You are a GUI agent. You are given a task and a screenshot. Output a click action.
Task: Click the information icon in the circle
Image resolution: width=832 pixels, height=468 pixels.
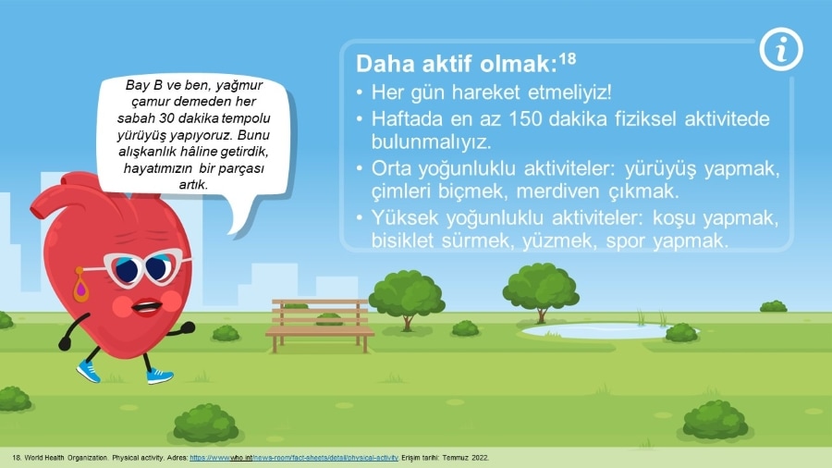pyautogui.click(x=781, y=49)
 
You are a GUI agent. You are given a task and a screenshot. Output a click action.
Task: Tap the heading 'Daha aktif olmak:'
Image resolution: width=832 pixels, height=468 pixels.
pyautogui.click(x=457, y=64)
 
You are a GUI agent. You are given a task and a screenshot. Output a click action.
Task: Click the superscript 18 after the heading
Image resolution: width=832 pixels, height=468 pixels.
pyautogui.click(x=568, y=58)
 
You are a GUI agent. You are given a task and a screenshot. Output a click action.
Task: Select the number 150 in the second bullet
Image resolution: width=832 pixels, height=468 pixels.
pyautogui.click(x=525, y=119)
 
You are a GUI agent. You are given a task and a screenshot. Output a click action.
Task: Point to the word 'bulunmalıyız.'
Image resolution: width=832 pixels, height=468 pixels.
pyautogui.click(x=431, y=142)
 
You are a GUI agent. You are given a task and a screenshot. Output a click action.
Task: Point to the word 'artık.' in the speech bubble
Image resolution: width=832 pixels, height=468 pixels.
pyautogui.click(x=193, y=185)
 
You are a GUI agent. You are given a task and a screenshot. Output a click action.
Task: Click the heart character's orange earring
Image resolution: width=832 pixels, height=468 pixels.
pyautogui.click(x=80, y=285)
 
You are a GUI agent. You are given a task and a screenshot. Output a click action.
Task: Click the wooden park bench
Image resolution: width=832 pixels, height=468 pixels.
pyautogui.click(x=320, y=326)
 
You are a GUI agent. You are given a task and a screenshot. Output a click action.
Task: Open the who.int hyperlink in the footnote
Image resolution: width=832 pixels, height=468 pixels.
pyautogui.click(x=293, y=458)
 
